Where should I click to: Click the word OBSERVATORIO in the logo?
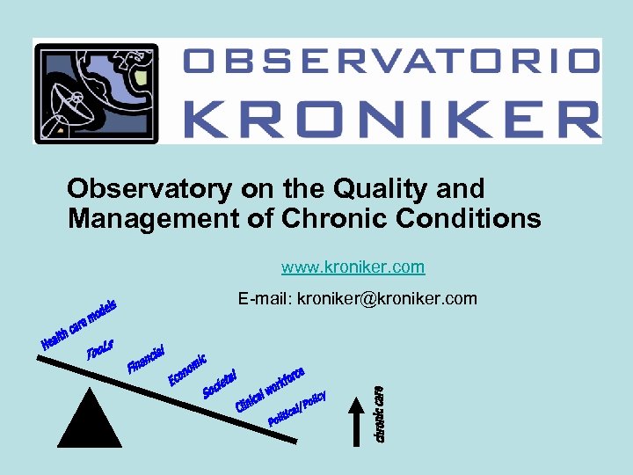click(x=392, y=61)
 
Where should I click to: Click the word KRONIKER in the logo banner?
click(x=392, y=115)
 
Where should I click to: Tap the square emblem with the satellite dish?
click(x=96, y=93)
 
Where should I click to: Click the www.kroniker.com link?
click(x=353, y=267)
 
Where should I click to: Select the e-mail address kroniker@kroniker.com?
click(x=387, y=299)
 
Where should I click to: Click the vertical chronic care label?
click(x=379, y=413)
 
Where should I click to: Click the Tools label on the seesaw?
click(x=99, y=349)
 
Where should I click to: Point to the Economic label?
click(x=187, y=369)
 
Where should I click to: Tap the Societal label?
click(x=220, y=383)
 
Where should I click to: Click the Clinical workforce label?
click(x=269, y=390)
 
